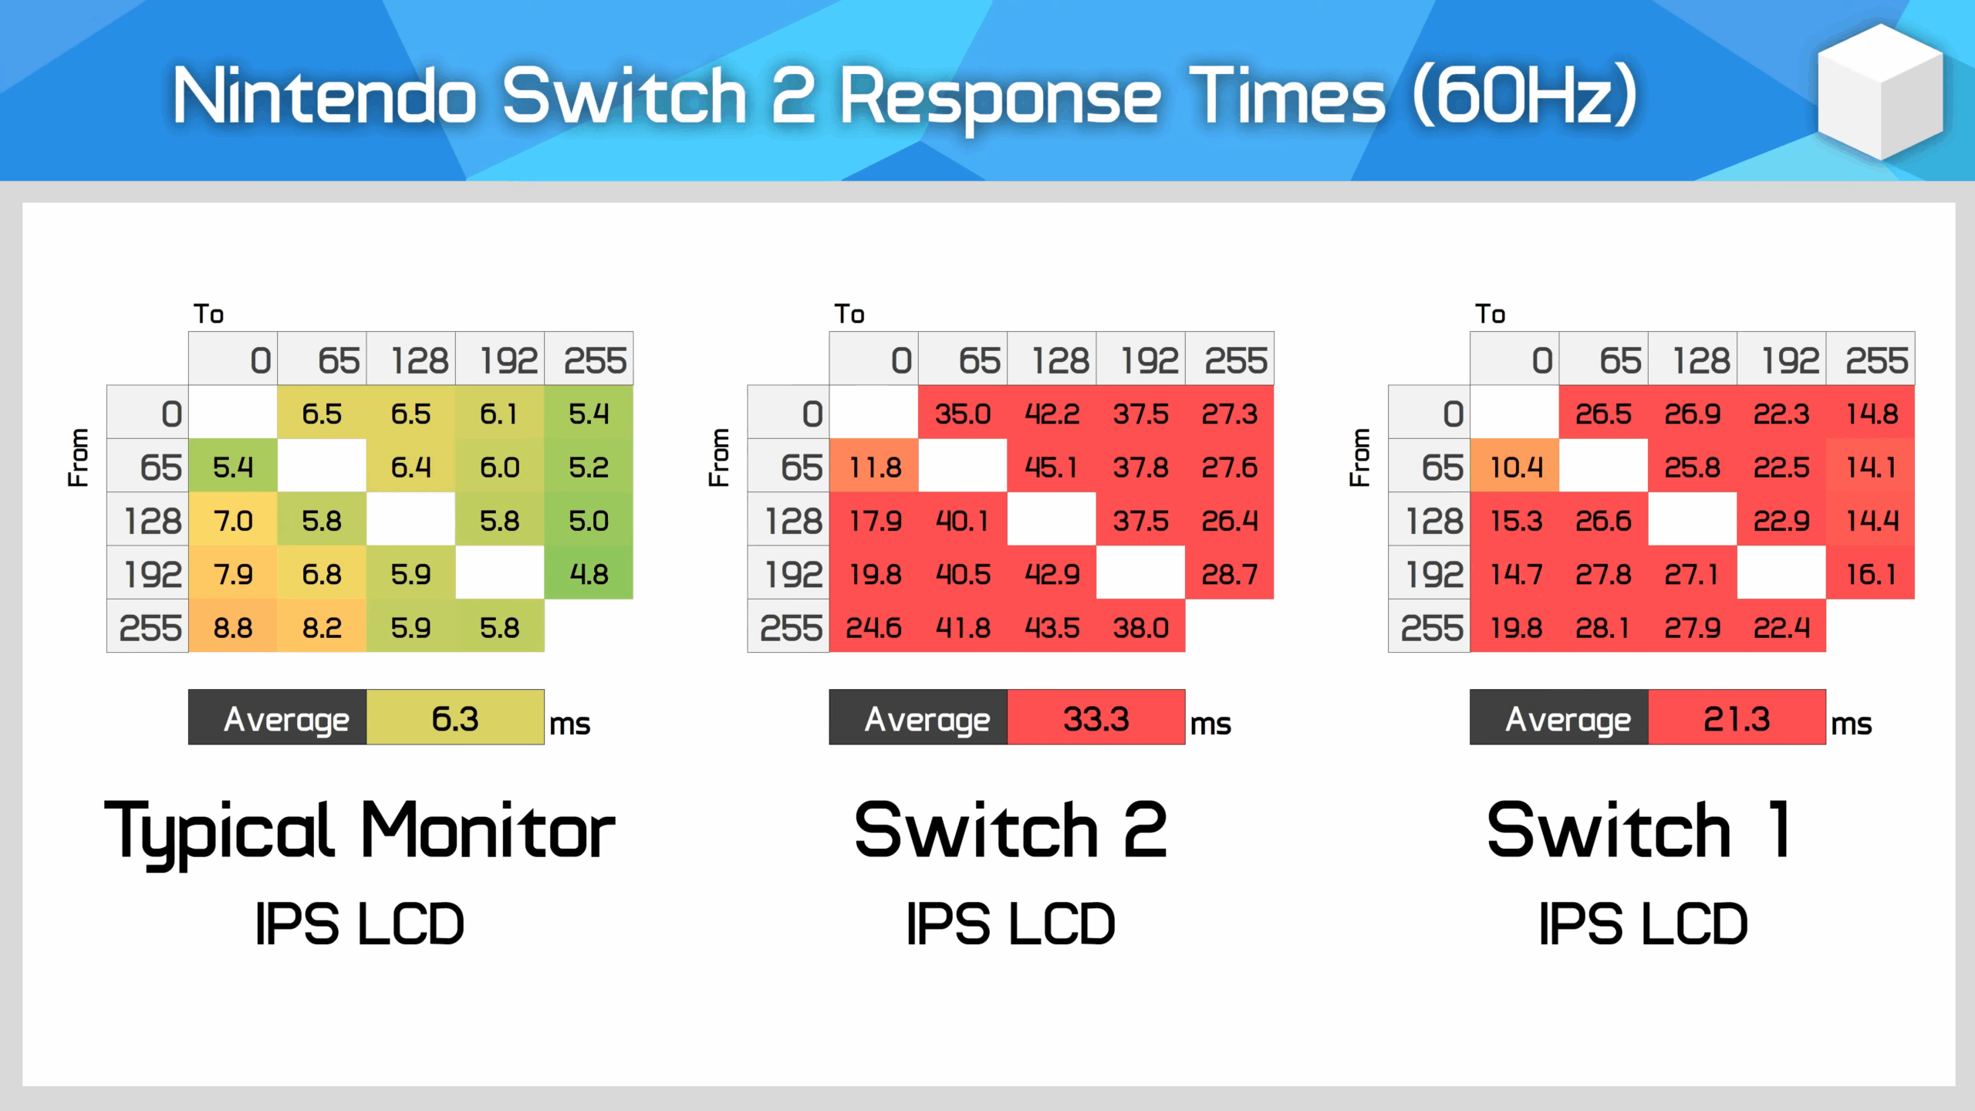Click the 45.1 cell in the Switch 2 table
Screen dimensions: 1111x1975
(1052, 467)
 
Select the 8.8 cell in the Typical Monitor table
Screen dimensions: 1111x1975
(233, 628)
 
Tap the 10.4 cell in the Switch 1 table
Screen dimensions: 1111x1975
(1515, 467)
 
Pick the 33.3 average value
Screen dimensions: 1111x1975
(1096, 718)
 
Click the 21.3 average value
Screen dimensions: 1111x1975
(1737, 718)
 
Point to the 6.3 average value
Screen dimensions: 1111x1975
(455, 718)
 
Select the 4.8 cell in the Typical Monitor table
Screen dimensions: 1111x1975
(589, 574)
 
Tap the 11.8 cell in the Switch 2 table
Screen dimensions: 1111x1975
(874, 467)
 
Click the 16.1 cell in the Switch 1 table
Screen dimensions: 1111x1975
(1871, 574)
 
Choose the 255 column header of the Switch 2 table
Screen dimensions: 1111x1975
(1235, 360)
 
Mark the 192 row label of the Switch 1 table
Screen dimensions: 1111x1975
(1433, 574)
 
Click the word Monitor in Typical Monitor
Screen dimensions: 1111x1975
(488, 832)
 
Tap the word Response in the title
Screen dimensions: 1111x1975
(999, 96)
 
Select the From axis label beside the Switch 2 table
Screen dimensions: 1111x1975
(719, 457)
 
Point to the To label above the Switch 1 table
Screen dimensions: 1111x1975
(1490, 314)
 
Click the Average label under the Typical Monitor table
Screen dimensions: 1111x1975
(286, 718)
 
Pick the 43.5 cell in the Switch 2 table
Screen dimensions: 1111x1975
(1052, 628)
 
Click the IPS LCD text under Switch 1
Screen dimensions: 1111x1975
(1643, 924)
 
